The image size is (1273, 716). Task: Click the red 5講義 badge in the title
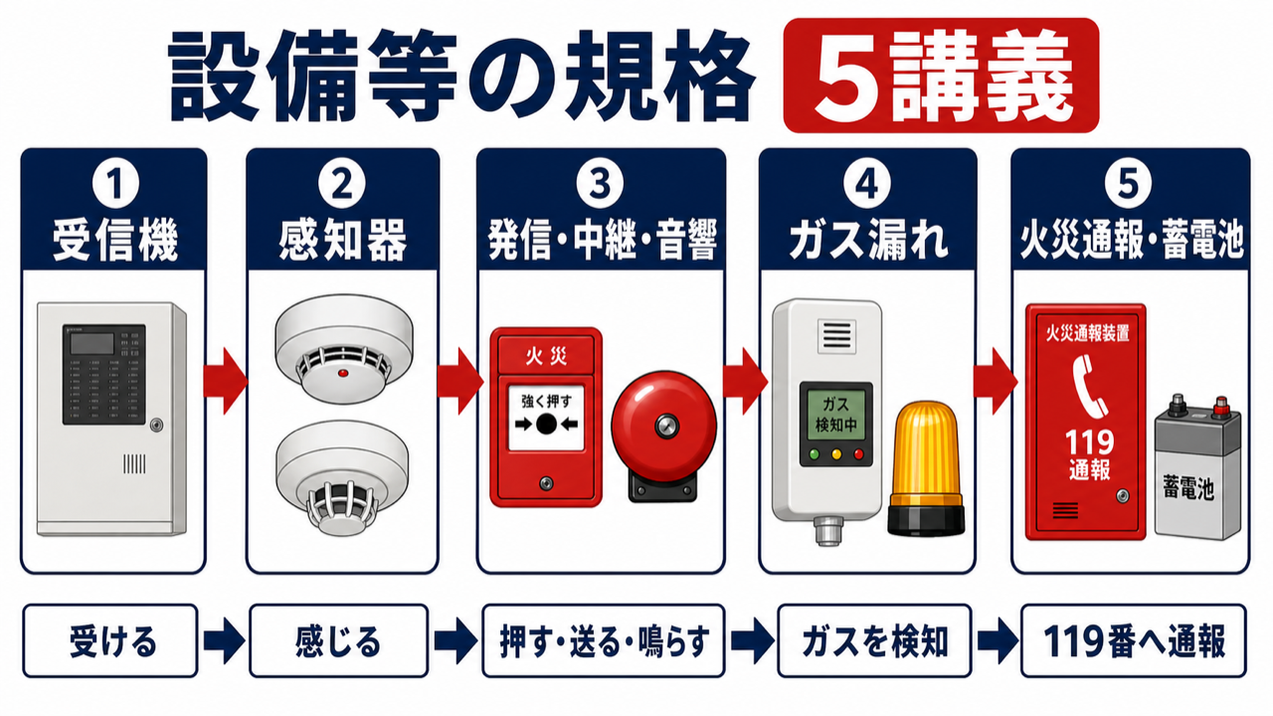pyautogui.click(x=941, y=76)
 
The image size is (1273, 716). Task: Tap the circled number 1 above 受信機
pyautogui.click(x=115, y=184)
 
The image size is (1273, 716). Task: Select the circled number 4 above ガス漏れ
pyautogui.click(x=867, y=184)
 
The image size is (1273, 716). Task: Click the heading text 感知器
pyautogui.click(x=343, y=241)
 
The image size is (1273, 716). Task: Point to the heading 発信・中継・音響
pyautogui.click(x=602, y=241)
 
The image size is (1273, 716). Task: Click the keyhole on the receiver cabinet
pyautogui.click(x=156, y=425)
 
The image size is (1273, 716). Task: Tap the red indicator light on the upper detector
pyautogui.click(x=343, y=373)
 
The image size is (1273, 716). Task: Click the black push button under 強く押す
pyautogui.click(x=546, y=424)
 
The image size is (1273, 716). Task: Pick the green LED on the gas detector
pyautogui.click(x=815, y=454)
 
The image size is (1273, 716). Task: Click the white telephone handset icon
pyautogui.click(x=1089, y=387)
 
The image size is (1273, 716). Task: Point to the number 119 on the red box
pyautogui.click(x=1089, y=443)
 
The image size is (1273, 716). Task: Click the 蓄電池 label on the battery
pyautogui.click(x=1188, y=488)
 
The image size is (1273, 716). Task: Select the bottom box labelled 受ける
pyautogui.click(x=110, y=641)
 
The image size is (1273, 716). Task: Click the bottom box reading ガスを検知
pyautogui.click(x=874, y=641)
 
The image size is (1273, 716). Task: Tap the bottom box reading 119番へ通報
pyautogui.click(x=1134, y=641)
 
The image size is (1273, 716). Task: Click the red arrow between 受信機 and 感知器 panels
pyautogui.click(x=226, y=381)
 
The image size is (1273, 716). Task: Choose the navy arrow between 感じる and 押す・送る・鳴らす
pyautogui.click(x=455, y=641)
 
